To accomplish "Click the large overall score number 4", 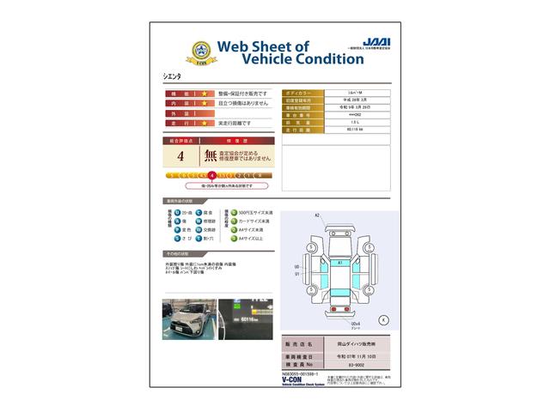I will [180, 156].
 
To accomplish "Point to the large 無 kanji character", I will [210, 156].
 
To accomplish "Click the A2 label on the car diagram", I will [317, 215].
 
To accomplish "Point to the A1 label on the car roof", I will [340, 263].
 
